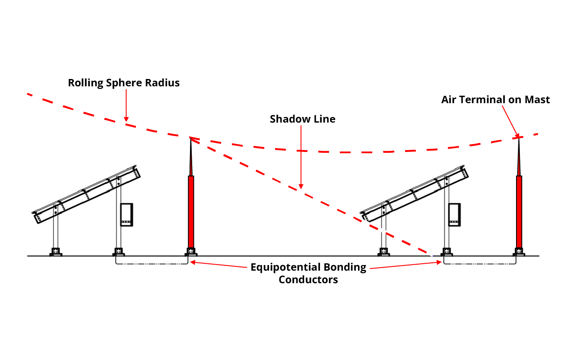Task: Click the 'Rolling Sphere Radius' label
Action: pyautogui.click(x=124, y=83)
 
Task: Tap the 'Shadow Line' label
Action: pyautogui.click(x=302, y=119)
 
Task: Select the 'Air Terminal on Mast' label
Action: pyautogui.click(x=496, y=100)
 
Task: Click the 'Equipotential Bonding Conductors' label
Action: pyautogui.click(x=308, y=273)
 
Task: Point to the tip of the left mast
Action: pyautogui.click(x=190, y=138)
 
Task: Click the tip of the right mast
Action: pyautogui.click(x=519, y=138)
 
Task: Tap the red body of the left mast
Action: pyautogui.click(x=191, y=212)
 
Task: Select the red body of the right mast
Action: pyautogui.click(x=519, y=212)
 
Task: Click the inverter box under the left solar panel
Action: pyautogui.click(x=127, y=215)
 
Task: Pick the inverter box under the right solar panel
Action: pyautogui.click(x=455, y=215)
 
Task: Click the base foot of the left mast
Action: pyautogui.click(x=191, y=252)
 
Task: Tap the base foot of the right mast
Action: pyautogui.click(x=519, y=252)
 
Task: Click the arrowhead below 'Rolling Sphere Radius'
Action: pyautogui.click(x=126, y=119)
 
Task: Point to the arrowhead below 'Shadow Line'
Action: pyautogui.click(x=301, y=186)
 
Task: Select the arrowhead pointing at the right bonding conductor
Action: pyautogui.click(x=439, y=262)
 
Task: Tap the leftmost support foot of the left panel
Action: pyautogui.click(x=56, y=252)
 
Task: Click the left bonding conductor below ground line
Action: pyautogui.click(x=152, y=264)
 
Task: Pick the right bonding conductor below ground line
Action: pyautogui.click(x=480, y=264)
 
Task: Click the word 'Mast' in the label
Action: pyautogui.click(x=537, y=100)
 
